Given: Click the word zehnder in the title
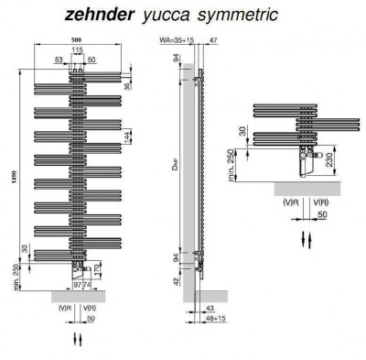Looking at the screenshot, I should (x=101, y=16).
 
